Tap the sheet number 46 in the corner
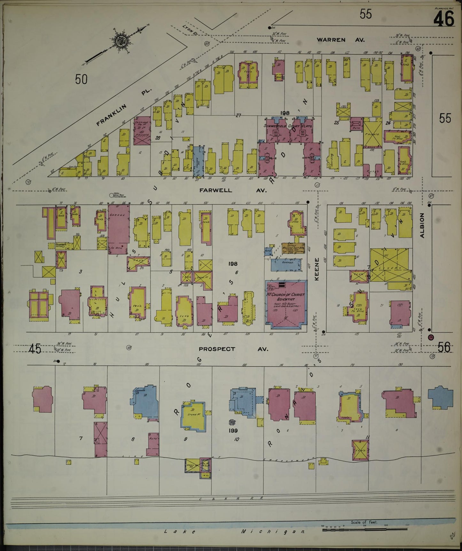tap(444, 19)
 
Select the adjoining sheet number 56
tap(444, 347)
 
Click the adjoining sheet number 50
tap(81, 79)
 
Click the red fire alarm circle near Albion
tap(431, 337)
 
